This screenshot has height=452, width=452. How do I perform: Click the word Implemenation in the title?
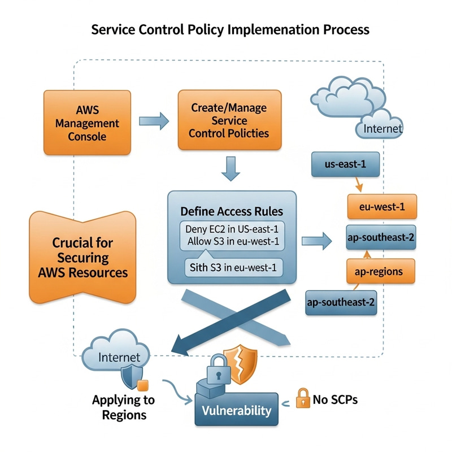[x=270, y=29]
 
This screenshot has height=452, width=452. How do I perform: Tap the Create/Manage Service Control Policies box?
[x=229, y=120]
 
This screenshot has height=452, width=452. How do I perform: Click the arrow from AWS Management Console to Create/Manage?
[x=154, y=120]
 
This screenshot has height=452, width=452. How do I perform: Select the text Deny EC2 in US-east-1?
[x=232, y=229]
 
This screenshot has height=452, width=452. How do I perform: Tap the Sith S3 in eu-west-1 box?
[x=232, y=267]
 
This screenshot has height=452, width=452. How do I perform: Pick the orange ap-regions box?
[x=379, y=271]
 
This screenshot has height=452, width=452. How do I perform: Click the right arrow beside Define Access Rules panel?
[x=316, y=241]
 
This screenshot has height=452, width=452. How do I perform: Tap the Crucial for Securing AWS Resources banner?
[x=82, y=257]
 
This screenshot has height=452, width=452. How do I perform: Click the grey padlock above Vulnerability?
[x=215, y=370]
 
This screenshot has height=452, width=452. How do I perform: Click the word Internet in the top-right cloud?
[x=383, y=128]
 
